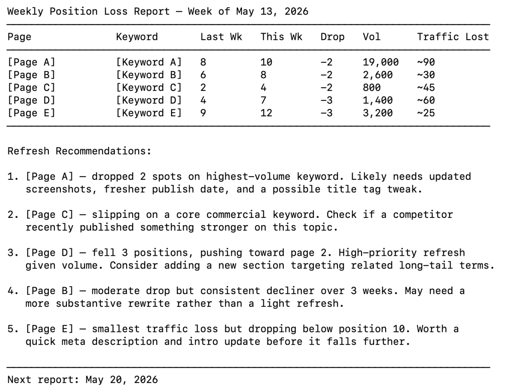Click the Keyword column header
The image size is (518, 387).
pyautogui.click(x=137, y=37)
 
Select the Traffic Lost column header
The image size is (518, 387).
pyautogui.click(x=453, y=37)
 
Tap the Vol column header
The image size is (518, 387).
pyautogui.click(x=372, y=37)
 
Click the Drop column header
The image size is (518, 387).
pyautogui.click(x=333, y=37)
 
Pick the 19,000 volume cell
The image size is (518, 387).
pyautogui.click(x=381, y=62)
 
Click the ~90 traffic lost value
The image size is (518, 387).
pyautogui.click(x=426, y=62)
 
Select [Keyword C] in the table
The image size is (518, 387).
pyautogui.click(x=149, y=88)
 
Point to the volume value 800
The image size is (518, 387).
pyautogui.click(x=372, y=88)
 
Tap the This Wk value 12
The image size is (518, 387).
pyautogui.click(x=266, y=113)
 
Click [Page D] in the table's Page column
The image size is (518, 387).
pyautogui.click(x=31, y=101)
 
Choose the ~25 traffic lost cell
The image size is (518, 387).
pyautogui.click(x=426, y=113)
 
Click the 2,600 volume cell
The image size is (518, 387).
pyautogui.click(x=378, y=75)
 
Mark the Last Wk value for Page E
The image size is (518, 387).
pyautogui.click(x=203, y=113)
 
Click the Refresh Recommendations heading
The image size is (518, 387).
pyautogui.click(x=79, y=151)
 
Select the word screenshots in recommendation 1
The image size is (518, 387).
pyautogui.click(x=59, y=189)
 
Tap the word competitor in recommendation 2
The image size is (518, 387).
pyautogui.click(x=423, y=215)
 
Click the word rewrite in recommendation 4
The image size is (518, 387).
pyautogui.click(x=148, y=304)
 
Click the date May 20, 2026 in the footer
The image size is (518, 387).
pyautogui.click(x=122, y=380)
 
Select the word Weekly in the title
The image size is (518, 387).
pyautogui.click(x=26, y=12)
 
